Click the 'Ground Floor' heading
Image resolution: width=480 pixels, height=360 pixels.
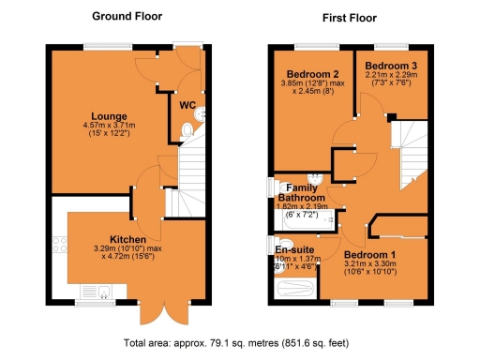pyautogui.click(x=126, y=16)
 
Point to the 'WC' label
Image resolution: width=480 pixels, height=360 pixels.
pyautogui.click(x=187, y=105)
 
